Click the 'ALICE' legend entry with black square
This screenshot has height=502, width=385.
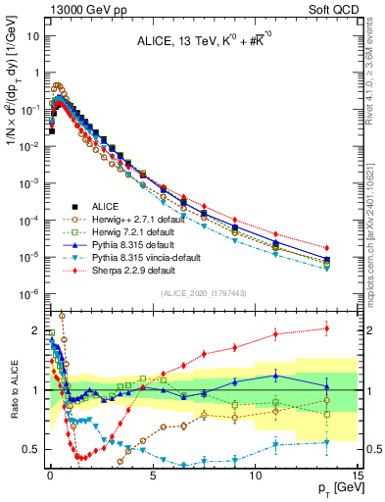click(x=106, y=206)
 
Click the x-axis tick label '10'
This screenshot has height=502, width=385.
click(x=255, y=474)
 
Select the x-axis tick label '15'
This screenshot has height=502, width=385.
click(x=358, y=474)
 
